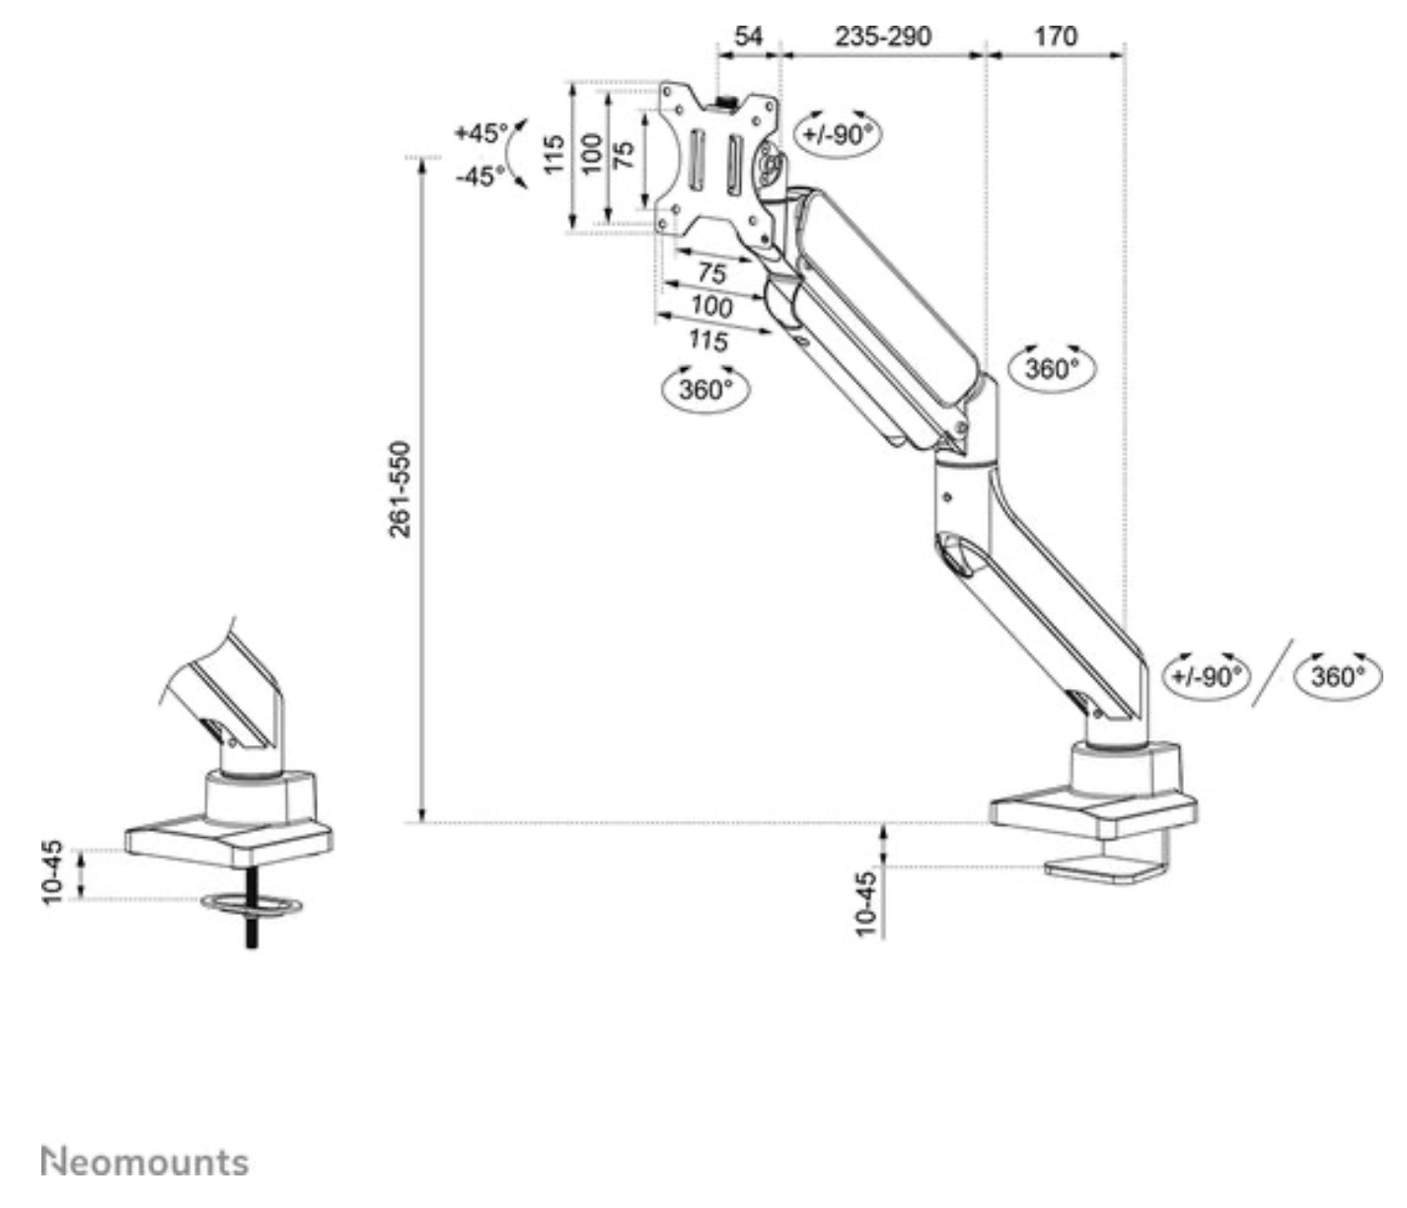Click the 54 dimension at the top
pyautogui.click(x=749, y=37)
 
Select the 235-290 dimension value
pyautogui.click(x=883, y=37)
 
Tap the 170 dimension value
pyautogui.click(x=1055, y=37)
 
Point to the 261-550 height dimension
pyautogui.click(x=400, y=490)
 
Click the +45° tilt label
pyautogui.click(x=481, y=132)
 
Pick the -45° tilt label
pyautogui.click(x=481, y=177)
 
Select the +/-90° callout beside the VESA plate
pyautogui.click(x=837, y=133)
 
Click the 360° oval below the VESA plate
pyautogui.click(x=704, y=388)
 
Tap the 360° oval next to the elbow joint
pyautogui.click(x=1053, y=368)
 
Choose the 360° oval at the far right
pyautogui.click(x=1338, y=676)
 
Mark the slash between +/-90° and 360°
pyautogui.click(x=1273, y=672)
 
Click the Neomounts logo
pyautogui.click(x=145, y=1162)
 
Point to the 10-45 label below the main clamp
pyautogui.click(x=865, y=902)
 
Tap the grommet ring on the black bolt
pyautogui.click(x=252, y=903)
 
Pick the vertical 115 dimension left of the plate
pyautogui.click(x=554, y=155)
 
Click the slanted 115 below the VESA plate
pyautogui.click(x=707, y=340)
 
